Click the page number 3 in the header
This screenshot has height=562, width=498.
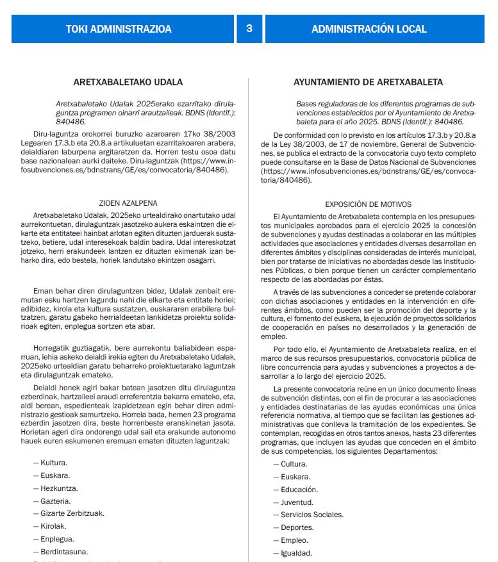[249, 29]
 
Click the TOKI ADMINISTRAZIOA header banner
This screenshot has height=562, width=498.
[119, 29]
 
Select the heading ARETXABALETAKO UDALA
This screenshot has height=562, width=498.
[128, 82]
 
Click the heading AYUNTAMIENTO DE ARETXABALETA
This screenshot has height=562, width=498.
[368, 82]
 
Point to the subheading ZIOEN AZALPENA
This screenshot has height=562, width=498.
[128, 202]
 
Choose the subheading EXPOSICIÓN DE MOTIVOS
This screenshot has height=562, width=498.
[368, 204]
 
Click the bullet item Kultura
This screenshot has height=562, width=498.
[54, 463]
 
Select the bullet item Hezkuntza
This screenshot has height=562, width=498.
[60, 488]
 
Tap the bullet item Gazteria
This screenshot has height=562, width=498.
[56, 501]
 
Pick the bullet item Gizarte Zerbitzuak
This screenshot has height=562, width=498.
[72, 513]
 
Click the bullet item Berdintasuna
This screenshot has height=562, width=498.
[64, 552]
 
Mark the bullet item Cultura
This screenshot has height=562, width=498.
[294, 464]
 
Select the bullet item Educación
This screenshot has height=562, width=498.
[299, 490]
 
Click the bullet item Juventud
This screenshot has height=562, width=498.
[297, 502]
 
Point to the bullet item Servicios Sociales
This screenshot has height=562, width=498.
[312, 515]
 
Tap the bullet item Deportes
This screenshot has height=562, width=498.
[297, 527]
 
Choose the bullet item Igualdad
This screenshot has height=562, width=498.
[297, 553]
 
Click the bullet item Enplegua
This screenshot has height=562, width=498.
[57, 539]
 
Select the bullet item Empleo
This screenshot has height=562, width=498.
[295, 540]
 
